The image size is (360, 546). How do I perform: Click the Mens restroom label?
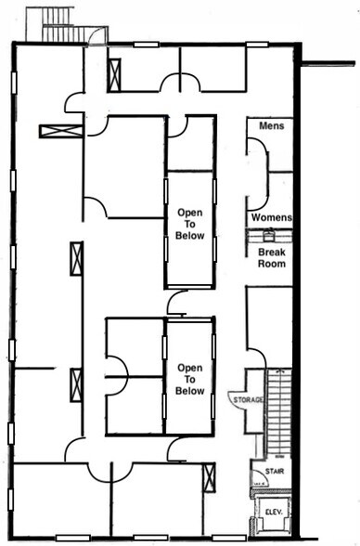[x=271, y=125]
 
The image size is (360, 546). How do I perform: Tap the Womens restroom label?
[x=272, y=218]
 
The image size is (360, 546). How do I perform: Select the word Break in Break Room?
[x=272, y=253]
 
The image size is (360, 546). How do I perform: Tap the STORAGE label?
[x=247, y=399]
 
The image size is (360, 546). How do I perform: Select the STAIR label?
[x=272, y=471]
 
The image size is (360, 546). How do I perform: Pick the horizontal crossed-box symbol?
[x=61, y=131]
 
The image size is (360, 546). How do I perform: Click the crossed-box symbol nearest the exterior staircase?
[x=114, y=75]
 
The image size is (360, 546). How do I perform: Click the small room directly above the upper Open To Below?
[x=190, y=143]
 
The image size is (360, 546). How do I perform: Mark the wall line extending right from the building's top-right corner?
[x=329, y=64]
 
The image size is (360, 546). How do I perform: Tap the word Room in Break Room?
[x=272, y=265]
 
